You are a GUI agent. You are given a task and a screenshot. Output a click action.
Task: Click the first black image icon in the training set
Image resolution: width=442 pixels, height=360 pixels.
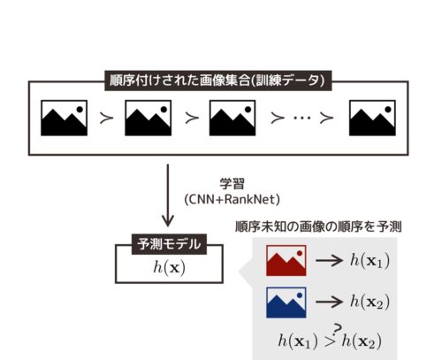tap(65, 118)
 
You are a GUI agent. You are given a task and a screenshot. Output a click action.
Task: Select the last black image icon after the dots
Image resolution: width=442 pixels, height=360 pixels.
tap(372, 118)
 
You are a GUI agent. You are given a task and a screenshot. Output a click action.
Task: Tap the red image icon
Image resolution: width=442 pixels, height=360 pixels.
tap(286, 260)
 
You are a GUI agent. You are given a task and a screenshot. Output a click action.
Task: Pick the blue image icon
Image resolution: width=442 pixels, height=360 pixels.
tap(286, 303)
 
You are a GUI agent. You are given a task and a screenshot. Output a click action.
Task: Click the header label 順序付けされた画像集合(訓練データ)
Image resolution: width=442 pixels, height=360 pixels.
tap(218, 80)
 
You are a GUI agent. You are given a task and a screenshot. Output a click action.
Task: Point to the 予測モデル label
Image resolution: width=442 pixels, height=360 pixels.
tap(169, 244)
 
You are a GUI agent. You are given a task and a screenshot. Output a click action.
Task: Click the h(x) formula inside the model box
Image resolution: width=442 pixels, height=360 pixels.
tap(170, 268)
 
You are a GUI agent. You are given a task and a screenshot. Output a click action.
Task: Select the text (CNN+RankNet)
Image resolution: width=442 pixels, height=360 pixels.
tap(232, 200)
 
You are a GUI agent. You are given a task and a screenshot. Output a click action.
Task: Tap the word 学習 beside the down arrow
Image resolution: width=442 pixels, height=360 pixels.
tap(232, 184)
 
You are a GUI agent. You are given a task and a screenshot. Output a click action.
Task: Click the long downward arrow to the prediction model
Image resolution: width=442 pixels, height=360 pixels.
tap(168, 195)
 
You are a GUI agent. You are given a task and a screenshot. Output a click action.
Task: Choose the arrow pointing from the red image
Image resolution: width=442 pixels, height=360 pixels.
tap(329, 260)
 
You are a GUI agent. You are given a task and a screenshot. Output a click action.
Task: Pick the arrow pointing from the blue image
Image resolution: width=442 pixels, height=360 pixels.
tap(329, 302)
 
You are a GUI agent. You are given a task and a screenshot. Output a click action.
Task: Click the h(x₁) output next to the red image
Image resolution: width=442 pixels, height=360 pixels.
tap(370, 261)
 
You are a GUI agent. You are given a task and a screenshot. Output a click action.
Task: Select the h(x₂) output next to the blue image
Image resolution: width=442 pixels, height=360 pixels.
tap(370, 303)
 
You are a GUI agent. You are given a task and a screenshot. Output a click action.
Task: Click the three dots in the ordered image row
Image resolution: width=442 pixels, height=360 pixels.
tap(302, 118)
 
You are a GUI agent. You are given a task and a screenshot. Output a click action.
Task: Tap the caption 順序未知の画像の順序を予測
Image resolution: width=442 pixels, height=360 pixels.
tap(318, 226)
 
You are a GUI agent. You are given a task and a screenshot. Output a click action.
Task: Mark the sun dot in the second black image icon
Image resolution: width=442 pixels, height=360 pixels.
tap(164, 110)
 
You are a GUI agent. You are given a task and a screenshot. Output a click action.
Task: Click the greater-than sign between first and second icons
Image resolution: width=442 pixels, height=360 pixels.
tap(106, 118)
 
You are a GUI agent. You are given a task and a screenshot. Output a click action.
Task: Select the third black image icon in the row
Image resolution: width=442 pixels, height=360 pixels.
tap(232, 118)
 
